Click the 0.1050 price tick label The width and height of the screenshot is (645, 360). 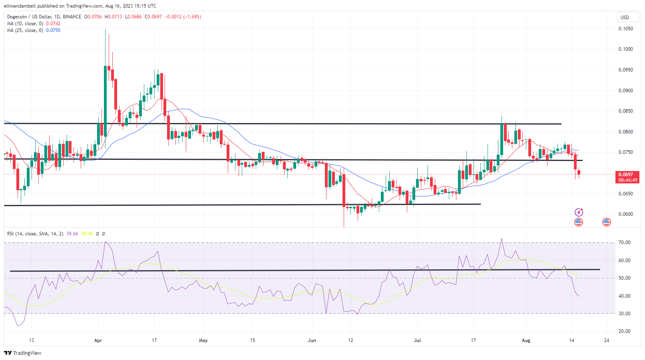coord(625,29)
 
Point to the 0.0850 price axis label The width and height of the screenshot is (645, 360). coord(625,111)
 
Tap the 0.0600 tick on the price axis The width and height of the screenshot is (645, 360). coord(625,214)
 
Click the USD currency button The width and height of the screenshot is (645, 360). coord(625,18)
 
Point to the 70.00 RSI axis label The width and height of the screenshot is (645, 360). coord(624,243)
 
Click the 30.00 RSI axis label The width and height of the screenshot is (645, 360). coord(624,314)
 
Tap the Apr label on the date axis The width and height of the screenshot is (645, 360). coord(98,340)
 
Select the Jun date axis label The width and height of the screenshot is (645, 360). coord(312,340)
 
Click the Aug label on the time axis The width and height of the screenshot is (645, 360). coord(526,340)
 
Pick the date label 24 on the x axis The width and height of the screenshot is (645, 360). coord(607,340)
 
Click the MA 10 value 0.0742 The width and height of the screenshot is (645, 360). coord(53,24)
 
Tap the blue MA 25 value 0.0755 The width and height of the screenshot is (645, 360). coord(53,30)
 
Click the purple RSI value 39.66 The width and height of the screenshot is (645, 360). coord(72,234)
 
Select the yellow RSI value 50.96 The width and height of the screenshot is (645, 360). coord(87,234)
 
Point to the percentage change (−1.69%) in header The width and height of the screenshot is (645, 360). coord(192,17)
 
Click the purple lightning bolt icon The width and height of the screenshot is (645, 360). coord(579,212)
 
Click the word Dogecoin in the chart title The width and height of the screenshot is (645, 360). coord(17,17)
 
